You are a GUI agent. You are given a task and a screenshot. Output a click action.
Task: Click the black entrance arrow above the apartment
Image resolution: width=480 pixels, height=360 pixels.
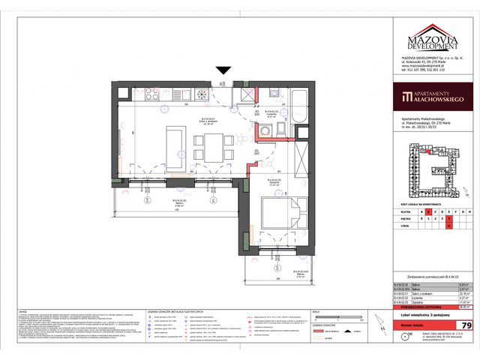pyautogui.click(x=223, y=70)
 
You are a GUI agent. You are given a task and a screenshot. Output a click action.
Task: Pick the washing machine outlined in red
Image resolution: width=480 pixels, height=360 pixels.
pyautogui.click(x=267, y=132)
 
